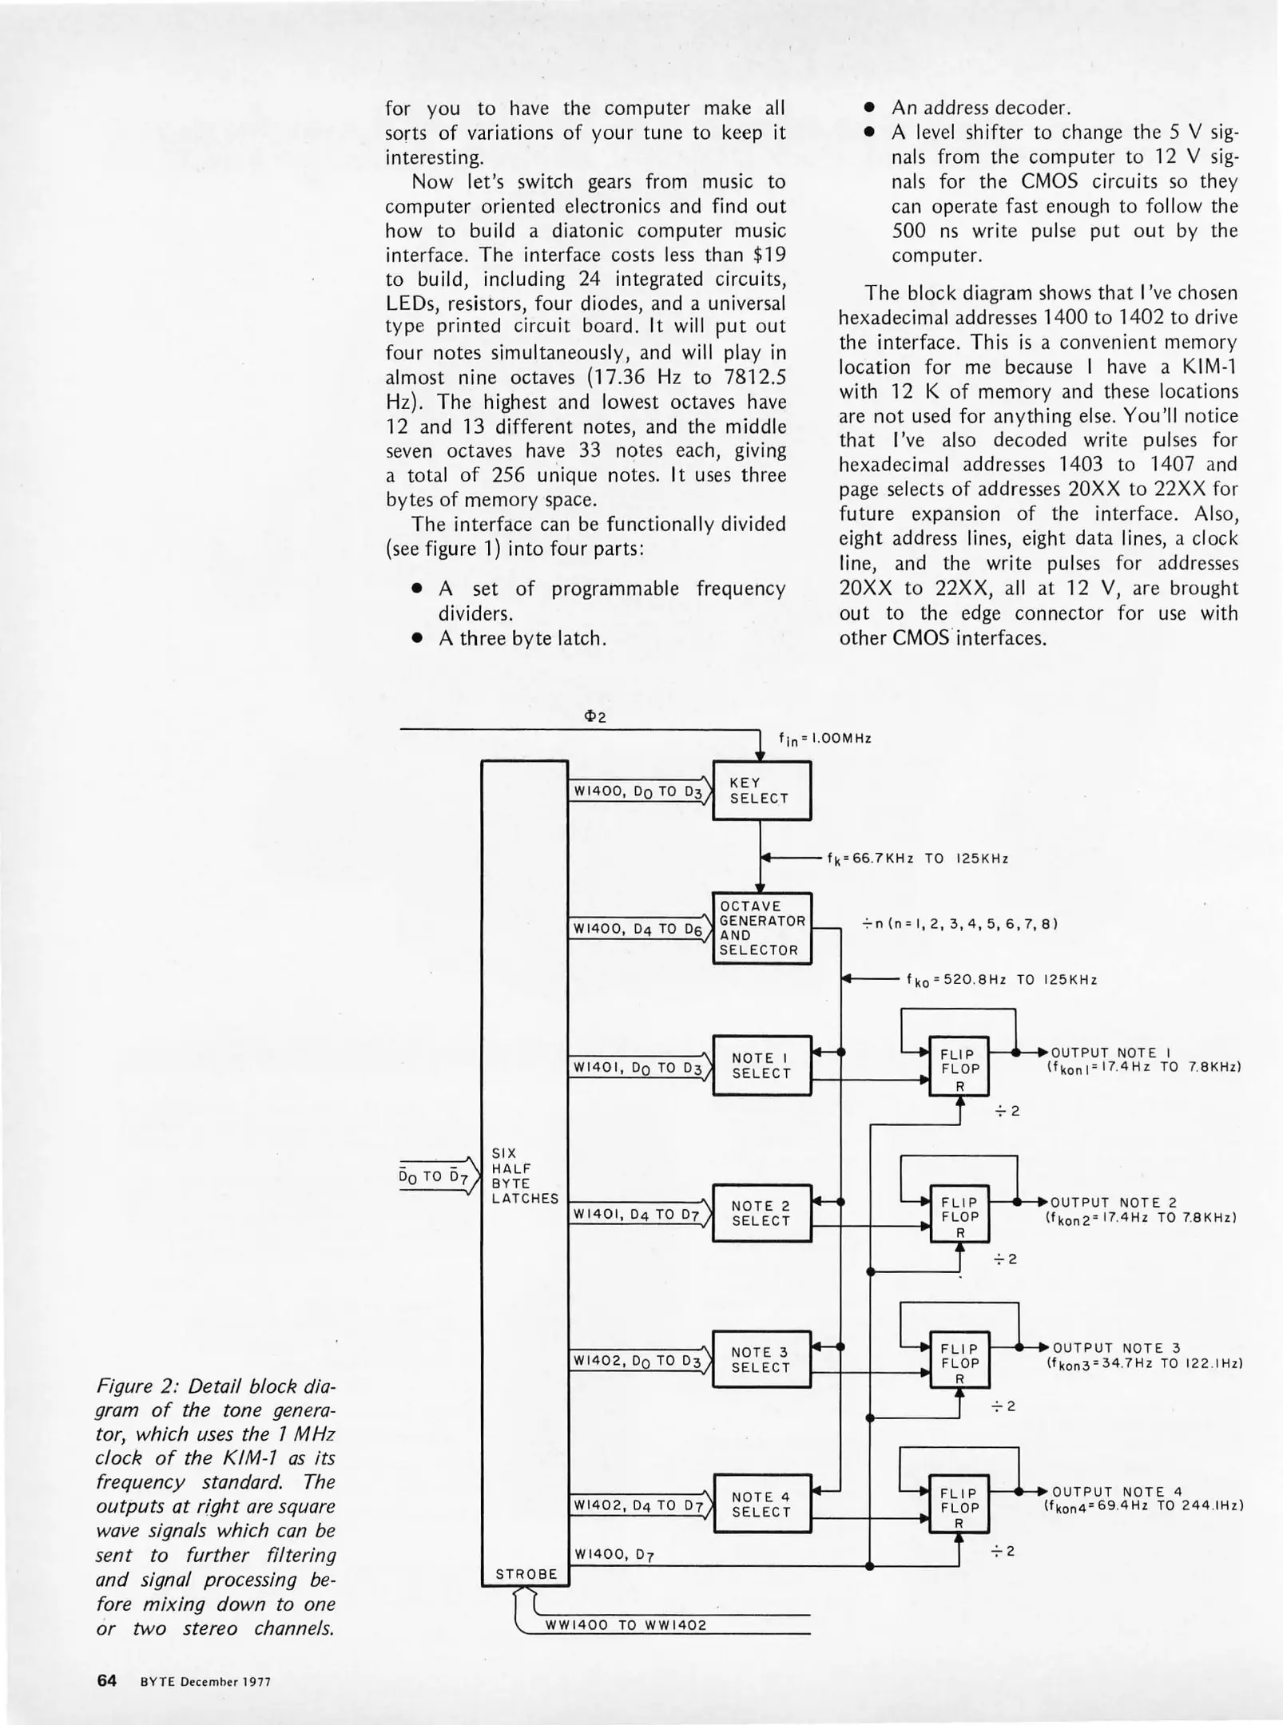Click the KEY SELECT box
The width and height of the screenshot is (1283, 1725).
tap(761, 791)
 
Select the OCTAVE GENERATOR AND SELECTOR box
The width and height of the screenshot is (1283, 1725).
tap(761, 927)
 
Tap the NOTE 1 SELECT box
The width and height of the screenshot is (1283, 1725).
tap(761, 1065)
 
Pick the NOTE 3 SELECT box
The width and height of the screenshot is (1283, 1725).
tap(761, 1359)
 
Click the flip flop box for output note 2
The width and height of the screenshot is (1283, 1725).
tap(959, 1217)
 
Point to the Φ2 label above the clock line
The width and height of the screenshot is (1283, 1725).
tap(596, 717)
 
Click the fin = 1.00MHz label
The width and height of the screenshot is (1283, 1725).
tap(824, 739)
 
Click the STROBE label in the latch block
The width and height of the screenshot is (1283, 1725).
tap(526, 1574)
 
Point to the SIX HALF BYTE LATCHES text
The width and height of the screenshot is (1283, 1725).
tap(524, 1176)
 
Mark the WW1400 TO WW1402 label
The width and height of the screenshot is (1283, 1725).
tap(626, 1625)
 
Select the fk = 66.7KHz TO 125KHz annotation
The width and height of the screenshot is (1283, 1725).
tap(917, 859)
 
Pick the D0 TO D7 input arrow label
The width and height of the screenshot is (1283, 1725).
tap(432, 1176)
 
